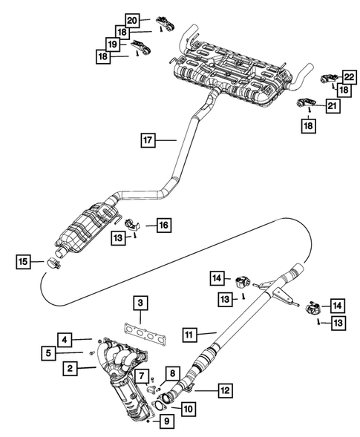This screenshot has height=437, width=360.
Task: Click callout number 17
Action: pos(148,138)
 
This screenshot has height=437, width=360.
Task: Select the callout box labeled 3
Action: pos(139,303)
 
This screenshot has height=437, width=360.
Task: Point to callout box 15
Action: pos(24,260)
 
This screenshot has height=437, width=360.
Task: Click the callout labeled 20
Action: pos(131,19)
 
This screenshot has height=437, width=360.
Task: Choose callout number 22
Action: pos(347,77)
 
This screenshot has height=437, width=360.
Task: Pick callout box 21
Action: pos(330,107)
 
